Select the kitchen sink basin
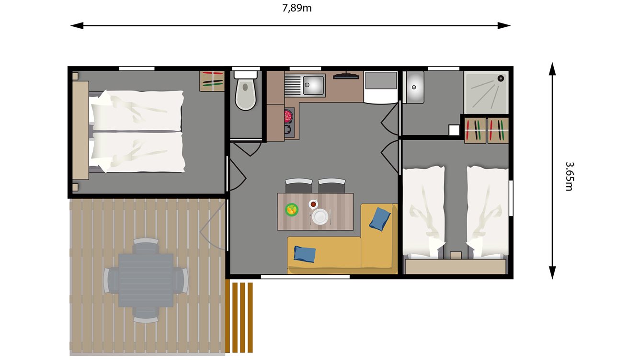[314, 85]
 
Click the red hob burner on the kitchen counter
[288, 115]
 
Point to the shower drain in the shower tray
[501, 78]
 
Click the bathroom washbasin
[413, 87]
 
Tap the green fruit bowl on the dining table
[292, 209]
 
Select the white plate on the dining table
[320, 216]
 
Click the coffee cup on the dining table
[313, 204]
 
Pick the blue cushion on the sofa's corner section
[379, 219]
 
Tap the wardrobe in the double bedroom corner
[212, 80]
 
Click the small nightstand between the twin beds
[456, 255]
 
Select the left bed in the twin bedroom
[423, 211]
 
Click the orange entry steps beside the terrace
[239, 317]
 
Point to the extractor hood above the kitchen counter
[346, 75]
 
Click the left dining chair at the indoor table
[298, 185]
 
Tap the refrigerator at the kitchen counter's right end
[381, 86]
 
